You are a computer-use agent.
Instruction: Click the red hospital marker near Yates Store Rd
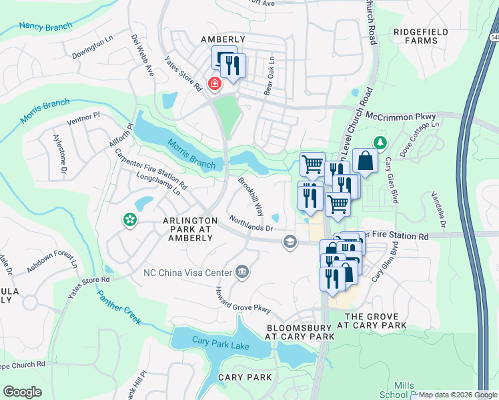click(x=214, y=84)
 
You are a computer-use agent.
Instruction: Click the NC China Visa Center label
click(x=188, y=272)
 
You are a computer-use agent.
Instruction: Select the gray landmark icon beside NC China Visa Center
click(x=242, y=271)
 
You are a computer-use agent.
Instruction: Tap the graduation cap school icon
click(x=290, y=242)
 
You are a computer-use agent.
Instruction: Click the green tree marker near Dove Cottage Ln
click(x=380, y=143)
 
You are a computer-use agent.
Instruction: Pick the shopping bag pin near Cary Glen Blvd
click(x=366, y=161)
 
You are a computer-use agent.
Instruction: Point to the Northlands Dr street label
click(x=251, y=223)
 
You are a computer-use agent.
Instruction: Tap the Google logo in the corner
click(x=22, y=392)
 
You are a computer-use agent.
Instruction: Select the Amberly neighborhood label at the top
click(x=223, y=40)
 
